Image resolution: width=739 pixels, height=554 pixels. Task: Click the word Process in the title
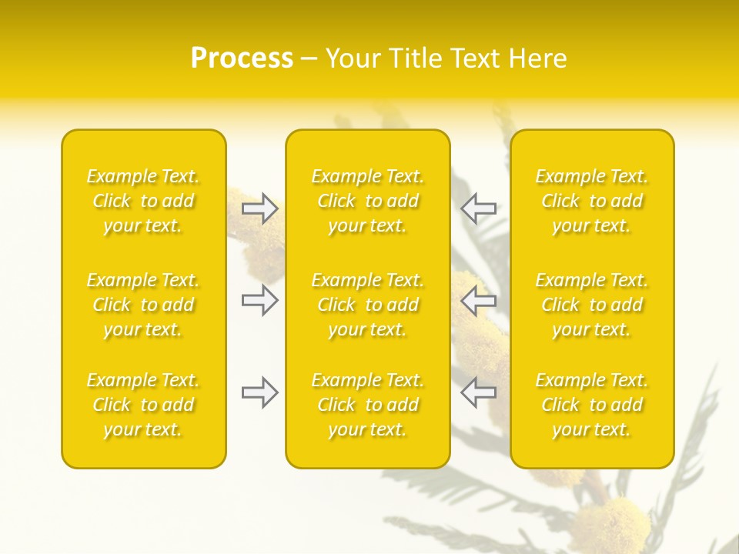click(x=242, y=58)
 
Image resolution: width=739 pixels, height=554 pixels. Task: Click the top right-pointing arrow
click(x=259, y=209)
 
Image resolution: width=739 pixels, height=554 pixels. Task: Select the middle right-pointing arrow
click(x=259, y=299)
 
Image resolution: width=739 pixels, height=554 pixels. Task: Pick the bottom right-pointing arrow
click(x=259, y=392)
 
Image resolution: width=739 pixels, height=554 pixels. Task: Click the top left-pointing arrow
click(x=479, y=209)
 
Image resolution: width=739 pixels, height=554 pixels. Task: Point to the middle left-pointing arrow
click(x=479, y=299)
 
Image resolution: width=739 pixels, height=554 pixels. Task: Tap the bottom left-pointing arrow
click(x=479, y=392)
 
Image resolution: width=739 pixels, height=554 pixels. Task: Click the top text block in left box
click(x=143, y=201)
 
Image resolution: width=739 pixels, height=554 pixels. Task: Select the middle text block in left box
click(x=143, y=305)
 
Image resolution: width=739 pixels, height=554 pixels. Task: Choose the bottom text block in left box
click(x=143, y=405)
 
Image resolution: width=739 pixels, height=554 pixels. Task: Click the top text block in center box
click(x=367, y=201)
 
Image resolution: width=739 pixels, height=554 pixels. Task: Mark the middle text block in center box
click(x=367, y=305)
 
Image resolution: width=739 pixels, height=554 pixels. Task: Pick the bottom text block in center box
click(x=367, y=405)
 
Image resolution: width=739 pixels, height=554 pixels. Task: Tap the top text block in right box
click(x=591, y=201)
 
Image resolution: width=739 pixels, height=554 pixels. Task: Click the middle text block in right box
click(x=591, y=305)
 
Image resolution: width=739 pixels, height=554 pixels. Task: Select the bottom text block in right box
click(x=591, y=405)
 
